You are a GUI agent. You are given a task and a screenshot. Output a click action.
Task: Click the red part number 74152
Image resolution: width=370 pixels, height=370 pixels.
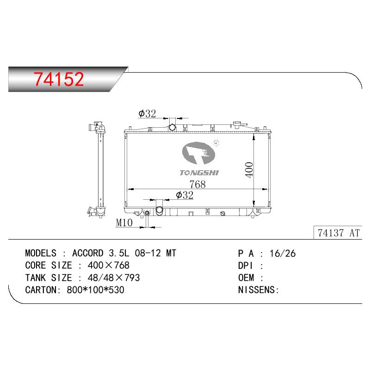click(59, 79)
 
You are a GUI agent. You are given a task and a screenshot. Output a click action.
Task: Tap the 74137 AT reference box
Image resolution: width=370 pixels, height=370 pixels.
click(338, 233)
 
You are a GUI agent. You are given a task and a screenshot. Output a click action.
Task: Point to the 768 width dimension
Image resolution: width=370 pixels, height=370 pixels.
click(197, 184)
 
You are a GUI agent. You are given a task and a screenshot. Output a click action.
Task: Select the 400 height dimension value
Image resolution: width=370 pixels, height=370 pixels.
click(249, 170)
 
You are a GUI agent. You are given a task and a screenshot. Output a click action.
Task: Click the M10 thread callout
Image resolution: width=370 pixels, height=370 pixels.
click(124, 222)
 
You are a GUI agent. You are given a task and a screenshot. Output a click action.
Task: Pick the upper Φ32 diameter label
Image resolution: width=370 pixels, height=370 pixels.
click(147, 113)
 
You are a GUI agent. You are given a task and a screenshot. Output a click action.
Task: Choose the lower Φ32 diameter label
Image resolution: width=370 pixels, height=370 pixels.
click(185, 195)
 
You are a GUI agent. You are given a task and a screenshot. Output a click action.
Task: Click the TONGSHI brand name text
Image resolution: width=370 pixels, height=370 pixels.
click(199, 173)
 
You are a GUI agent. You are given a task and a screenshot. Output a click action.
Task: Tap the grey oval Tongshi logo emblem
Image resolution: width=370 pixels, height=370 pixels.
click(198, 153)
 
